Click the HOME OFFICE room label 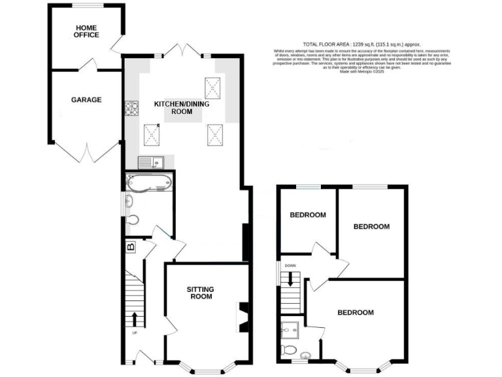(x=87, y=31)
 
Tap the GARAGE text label (x=86, y=100)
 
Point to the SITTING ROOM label (x=200, y=293)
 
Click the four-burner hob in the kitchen (x=128, y=109)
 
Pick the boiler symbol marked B (x=130, y=247)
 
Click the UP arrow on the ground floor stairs (x=135, y=319)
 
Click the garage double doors (x=86, y=154)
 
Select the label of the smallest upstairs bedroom (x=308, y=215)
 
